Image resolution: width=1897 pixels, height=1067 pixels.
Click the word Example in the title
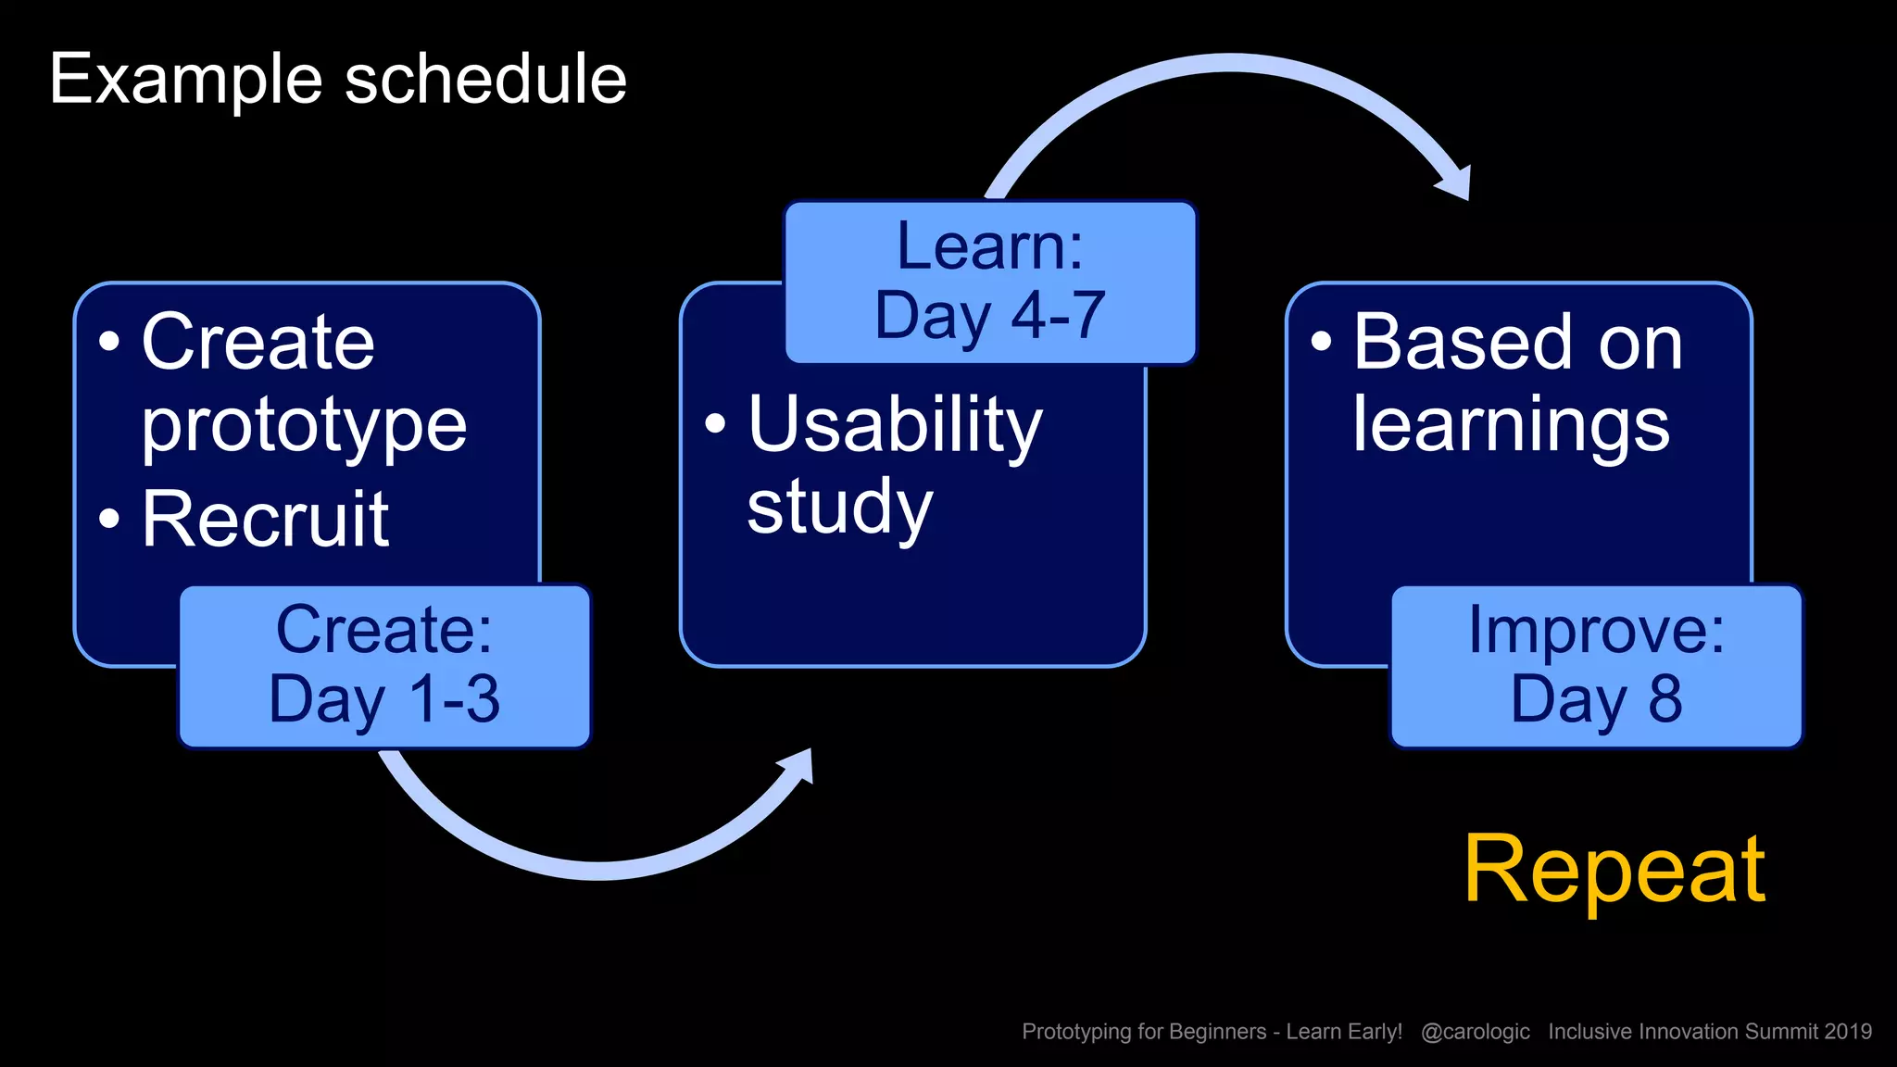click(185, 81)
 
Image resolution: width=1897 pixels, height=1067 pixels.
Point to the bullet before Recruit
click(109, 519)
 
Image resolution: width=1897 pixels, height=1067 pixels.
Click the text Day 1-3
click(384, 699)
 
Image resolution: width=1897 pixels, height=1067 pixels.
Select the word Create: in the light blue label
click(384, 630)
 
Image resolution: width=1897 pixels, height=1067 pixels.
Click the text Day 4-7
click(989, 316)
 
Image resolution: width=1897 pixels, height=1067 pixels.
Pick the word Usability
click(895, 425)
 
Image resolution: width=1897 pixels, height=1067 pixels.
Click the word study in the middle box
click(839, 508)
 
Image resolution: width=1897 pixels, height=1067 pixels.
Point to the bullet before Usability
click(715, 424)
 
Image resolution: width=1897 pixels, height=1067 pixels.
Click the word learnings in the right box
click(1511, 426)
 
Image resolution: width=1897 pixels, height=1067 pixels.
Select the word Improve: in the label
click(1596, 630)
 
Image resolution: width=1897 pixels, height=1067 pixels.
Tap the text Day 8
click(1596, 699)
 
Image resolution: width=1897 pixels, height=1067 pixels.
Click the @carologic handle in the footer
click(1475, 1032)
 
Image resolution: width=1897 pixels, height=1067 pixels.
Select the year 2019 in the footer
click(1848, 1032)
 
